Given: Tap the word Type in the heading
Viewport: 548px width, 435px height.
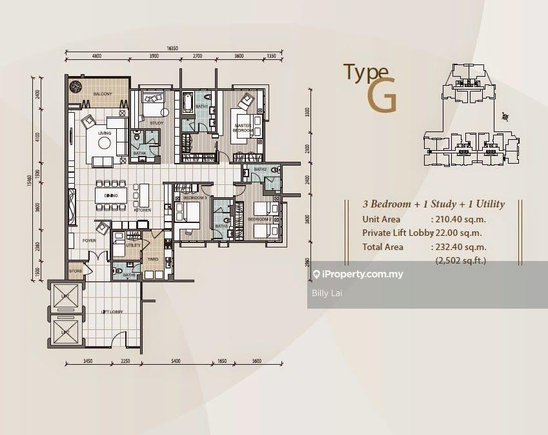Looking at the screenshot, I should [x=365, y=72].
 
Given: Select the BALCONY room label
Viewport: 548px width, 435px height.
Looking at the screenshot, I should [x=103, y=94].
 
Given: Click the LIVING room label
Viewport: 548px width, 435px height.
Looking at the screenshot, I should [x=105, y=133].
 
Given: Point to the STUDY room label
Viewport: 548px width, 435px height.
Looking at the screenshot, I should [x=156, y=122].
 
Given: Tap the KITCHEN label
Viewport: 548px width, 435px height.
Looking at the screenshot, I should [x=142, y=210].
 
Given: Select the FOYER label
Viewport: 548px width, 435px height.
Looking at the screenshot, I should [x=88, y=240].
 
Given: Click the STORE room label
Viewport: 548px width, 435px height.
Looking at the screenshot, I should [x=76, y=271].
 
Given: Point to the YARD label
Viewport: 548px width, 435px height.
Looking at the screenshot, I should [x=153, y=259].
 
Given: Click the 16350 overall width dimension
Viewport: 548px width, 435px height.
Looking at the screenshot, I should [x=172, y=48].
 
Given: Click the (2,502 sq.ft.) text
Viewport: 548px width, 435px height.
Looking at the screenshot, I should [x=461, y=261].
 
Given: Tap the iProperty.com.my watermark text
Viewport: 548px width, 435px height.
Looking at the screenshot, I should [x=363, y=275].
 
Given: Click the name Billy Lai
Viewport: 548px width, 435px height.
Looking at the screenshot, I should [x=327, y=293].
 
